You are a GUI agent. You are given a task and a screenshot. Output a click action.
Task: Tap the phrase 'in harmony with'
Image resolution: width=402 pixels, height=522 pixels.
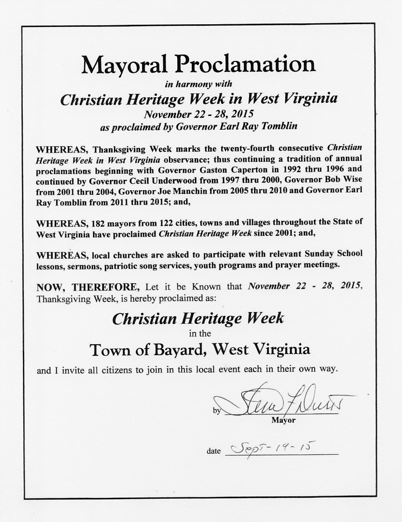point(198,83)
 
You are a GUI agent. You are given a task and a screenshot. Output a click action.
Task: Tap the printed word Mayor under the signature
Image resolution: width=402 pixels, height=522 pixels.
point(283,420)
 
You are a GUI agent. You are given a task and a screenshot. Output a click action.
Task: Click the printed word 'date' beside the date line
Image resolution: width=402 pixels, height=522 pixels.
point(213,451)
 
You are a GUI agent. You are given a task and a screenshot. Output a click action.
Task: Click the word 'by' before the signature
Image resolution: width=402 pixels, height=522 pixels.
point(217,411)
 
